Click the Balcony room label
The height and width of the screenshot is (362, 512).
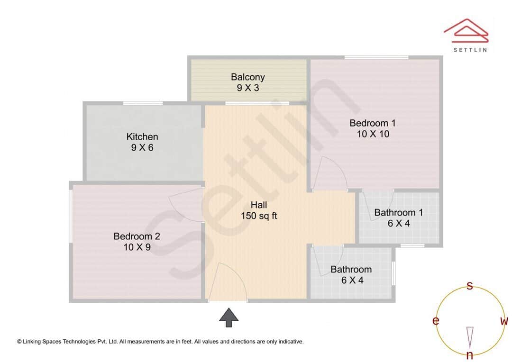[247, 77]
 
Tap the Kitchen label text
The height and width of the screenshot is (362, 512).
[142, 137]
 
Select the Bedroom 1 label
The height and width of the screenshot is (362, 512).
[373, 123]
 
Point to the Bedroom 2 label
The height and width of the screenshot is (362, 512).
[137, 236]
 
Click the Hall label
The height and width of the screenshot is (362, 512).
[259, 205]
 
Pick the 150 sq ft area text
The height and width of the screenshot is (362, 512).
[259, 216]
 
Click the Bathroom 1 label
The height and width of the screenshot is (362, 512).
[399, 213]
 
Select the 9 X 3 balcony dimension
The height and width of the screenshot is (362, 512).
[247, 88]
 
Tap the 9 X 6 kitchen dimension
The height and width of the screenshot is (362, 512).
[142, 148]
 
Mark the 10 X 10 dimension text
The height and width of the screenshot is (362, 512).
[373, 134]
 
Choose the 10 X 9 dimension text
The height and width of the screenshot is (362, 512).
[137, 247]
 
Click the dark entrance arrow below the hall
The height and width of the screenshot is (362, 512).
[229, 317]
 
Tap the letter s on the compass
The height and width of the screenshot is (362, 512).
[470, 286]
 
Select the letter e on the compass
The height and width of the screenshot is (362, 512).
[435, 321]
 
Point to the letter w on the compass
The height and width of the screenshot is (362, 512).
[504, 321]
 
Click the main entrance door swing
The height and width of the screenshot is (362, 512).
[229, 283]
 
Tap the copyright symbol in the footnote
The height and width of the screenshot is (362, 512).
[19, 341]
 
